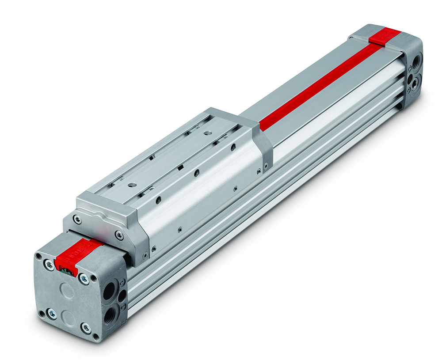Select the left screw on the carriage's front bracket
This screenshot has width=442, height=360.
coord(78,219)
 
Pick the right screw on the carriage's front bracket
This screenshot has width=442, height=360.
coord(118,235)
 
